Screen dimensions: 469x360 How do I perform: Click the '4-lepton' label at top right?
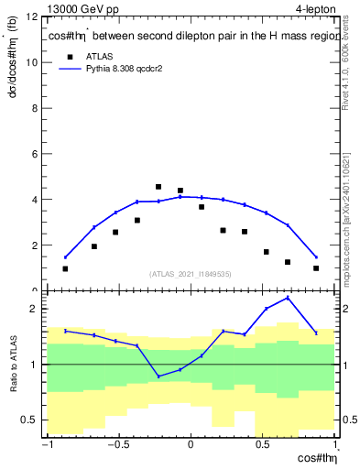click(x=315, y=8)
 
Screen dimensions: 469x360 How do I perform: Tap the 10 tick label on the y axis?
click(x=31, y=63)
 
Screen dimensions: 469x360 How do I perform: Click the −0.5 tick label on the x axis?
click(x=118, y=445)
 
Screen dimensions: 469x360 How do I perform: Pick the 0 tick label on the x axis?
click(x=191, y=445)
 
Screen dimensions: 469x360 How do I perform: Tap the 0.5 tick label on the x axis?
click(x=262, y=445)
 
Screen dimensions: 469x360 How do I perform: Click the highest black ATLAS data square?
click(x=158, y=187)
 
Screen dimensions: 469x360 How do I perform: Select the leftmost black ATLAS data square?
click(x=65, y=269)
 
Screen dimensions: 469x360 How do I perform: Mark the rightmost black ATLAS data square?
click(x=316, y=268)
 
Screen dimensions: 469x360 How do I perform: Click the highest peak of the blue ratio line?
click(x=288, y=298)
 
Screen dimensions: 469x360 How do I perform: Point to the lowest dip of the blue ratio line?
click(x=158, y=376)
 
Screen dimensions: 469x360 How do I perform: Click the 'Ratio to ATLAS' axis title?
click(x=12, y=365)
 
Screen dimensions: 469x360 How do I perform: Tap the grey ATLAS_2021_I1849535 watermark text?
click(x=191, y=273)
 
